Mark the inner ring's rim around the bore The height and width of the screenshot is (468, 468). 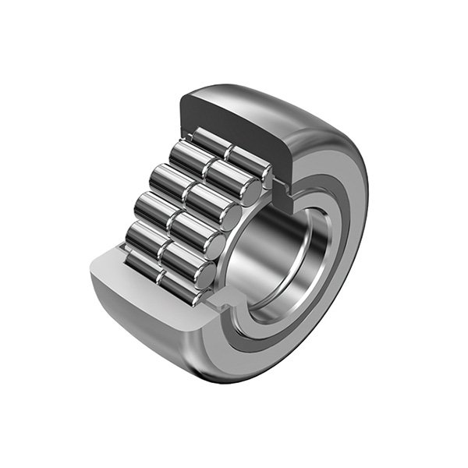coord(308,257)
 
